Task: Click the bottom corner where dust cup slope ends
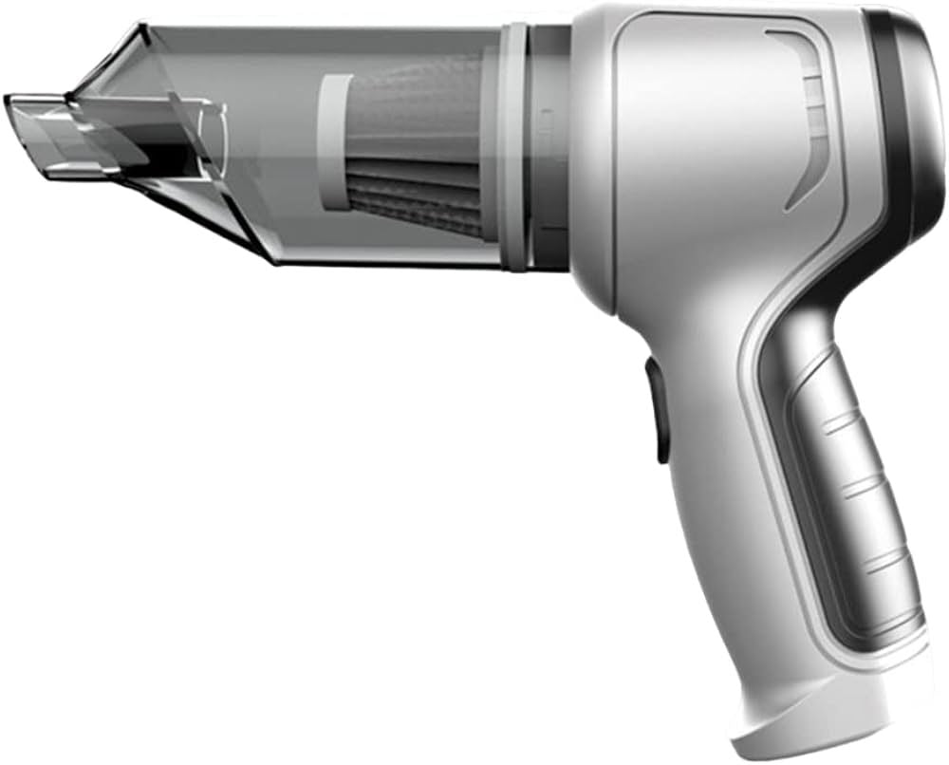pos(275,261)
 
